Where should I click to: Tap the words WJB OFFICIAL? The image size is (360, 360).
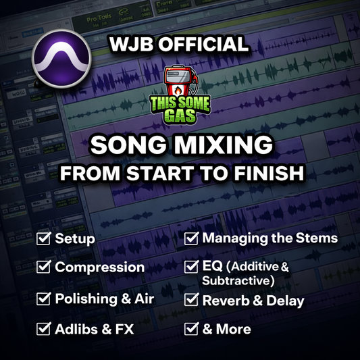(x=179, y=46)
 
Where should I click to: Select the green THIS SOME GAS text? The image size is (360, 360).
(x=180, y=110)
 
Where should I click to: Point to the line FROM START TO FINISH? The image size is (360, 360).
(x=180, y=172)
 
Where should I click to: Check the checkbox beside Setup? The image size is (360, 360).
(x=45, y=238)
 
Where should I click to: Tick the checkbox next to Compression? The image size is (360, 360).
(x=45, y=267)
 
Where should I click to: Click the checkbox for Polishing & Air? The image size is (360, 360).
(x=45, y=299)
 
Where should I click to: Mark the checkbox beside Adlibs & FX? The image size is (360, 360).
(x=45, y=330)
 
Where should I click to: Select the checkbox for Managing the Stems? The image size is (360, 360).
(x=192, y=238)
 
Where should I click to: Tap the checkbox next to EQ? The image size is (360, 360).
(x=192, y=267)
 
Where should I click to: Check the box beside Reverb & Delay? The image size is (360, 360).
(x=192, y=301)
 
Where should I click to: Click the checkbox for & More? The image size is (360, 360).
(x=192, y=330)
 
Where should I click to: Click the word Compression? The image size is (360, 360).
(x=99, y=267)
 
